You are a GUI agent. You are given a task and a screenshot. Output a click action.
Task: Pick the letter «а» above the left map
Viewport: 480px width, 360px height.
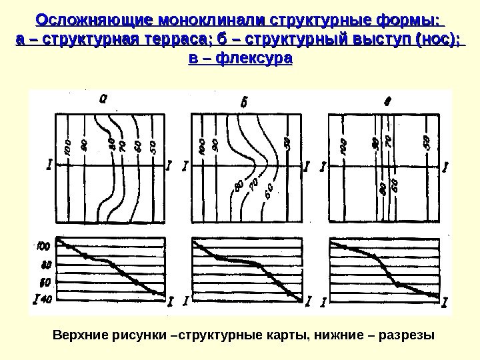(103, 99)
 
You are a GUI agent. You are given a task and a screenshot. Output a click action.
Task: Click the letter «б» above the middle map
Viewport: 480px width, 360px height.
(243, 102)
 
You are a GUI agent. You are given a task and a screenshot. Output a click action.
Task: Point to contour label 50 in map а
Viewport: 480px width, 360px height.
(153, 146)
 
